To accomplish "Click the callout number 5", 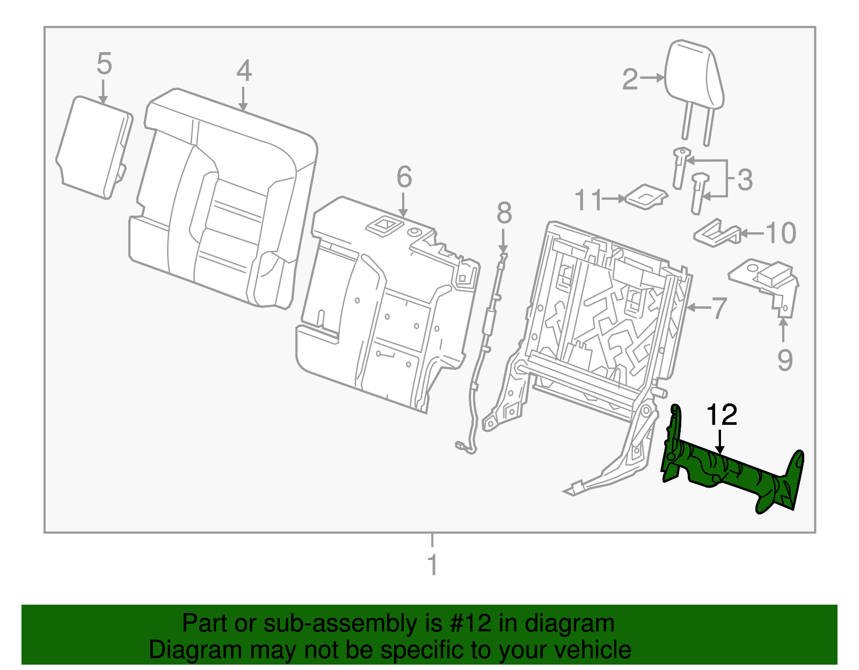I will [104, 64].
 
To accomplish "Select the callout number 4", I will [244, 71].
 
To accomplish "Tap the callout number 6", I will [404, 177].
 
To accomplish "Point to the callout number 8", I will [504, 213].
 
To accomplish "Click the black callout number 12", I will [722, 415].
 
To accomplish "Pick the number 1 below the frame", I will [432, 565].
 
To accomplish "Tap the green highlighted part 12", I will [730, 469].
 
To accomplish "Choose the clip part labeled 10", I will [717, 232].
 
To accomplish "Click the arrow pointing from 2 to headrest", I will [652, 78].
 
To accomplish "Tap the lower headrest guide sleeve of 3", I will [698, 192].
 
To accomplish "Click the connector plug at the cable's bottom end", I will [461, 445].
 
